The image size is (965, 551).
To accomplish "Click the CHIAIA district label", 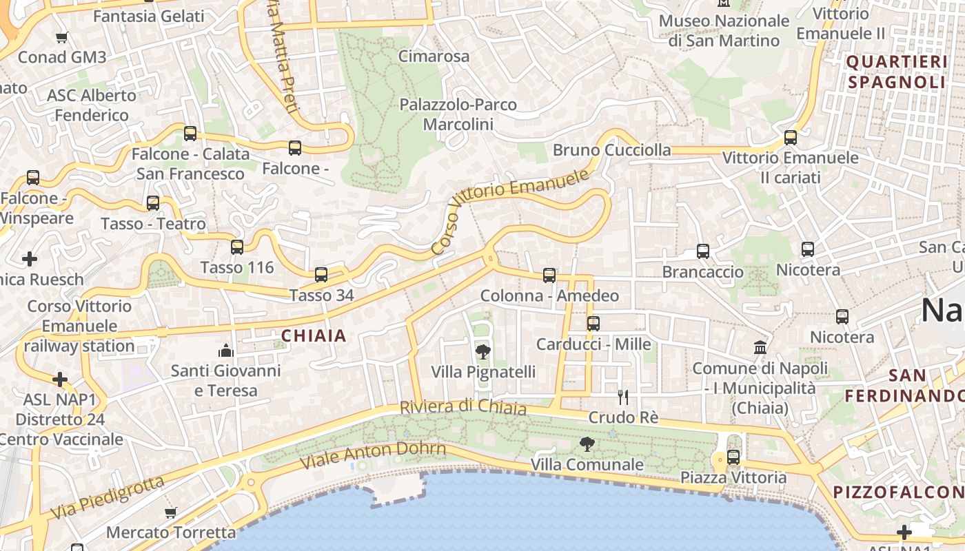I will pos(314,336).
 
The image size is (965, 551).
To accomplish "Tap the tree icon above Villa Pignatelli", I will pos(483,351).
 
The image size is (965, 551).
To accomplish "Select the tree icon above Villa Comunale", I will pos(587,444).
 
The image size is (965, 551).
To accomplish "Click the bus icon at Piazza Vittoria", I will pos(733,457).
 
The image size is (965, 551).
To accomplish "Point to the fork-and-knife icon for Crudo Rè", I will pos(623,397).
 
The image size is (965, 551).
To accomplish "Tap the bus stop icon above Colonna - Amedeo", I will pos(549,275).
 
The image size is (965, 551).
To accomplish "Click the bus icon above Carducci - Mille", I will pos(593,323).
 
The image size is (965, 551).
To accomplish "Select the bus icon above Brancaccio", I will pos(703,251).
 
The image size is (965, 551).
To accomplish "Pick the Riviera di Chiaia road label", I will pos(463,408).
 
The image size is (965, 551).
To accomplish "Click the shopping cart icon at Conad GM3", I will pos(62,37).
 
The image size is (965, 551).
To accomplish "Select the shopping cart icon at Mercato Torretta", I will pos(170,512).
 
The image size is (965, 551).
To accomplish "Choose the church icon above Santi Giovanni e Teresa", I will pos(226,351).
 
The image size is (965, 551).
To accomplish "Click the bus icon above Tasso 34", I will pos(321,275).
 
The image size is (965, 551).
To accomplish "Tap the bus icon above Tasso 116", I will pos(237,247).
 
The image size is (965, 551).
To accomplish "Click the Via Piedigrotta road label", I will pos(108,497).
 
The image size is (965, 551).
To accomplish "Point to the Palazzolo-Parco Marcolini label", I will pos(458,114).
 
